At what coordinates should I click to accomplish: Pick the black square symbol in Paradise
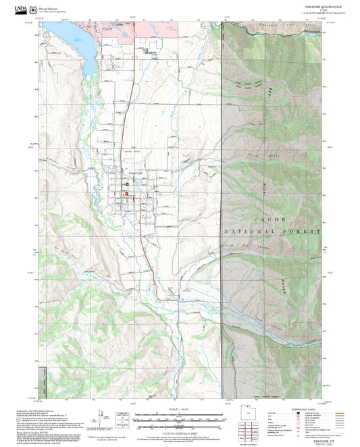pos(126,184)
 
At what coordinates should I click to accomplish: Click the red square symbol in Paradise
pos(125,194)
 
